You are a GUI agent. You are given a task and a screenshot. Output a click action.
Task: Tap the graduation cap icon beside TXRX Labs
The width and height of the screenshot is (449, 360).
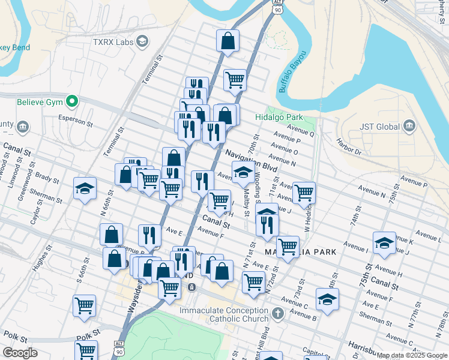point(142,41)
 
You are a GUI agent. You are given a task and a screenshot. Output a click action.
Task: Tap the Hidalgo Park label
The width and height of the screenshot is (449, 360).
point(279,118)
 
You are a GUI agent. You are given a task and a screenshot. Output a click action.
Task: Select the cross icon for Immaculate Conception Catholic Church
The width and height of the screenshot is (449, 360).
point(277,313)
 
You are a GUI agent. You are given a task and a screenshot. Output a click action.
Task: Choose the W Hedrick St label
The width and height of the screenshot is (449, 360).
point(310,216)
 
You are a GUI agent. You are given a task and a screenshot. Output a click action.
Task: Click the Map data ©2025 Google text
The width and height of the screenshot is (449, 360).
point(412,355)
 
